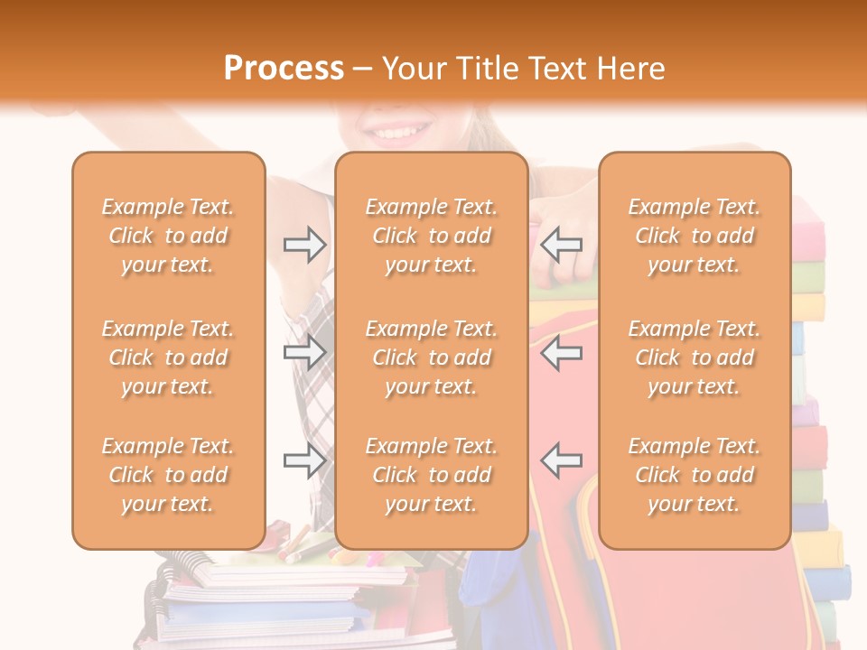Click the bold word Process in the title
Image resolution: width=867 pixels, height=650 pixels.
pos(284,68)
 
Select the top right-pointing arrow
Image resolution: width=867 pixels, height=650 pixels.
pos(304,245)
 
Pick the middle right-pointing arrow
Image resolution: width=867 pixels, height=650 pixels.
pos(304,352)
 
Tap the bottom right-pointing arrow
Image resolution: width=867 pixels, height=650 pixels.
pos(304,460)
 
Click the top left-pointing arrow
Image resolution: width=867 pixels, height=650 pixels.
pos(562,245)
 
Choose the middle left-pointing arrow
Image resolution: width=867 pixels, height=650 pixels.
pos(562,352)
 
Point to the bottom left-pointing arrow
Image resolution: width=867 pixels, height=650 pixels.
pos(562,460)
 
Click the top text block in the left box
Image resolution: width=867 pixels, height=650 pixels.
pos(168,236)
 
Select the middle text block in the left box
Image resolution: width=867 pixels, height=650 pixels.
pos(168,357)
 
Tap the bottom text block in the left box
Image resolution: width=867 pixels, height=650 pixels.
pos(168,475)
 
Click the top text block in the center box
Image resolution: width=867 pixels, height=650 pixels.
pos(432,236)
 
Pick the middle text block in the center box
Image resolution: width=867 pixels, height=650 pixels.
pos(432,357)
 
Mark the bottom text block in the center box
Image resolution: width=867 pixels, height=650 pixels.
pos(432,475)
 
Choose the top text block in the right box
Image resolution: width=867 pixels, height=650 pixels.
pos(695,236)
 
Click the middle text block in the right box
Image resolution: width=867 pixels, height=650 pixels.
pos(695,357)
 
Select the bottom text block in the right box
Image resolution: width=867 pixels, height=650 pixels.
pos(695,475)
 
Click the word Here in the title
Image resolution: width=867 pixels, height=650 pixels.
pos(632,68)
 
